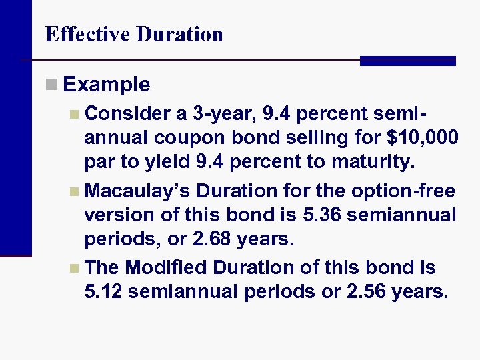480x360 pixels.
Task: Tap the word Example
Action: click(x=107, y=85)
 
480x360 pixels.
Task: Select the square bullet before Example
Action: click(x=51, y=85)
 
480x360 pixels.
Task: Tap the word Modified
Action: click(x=167, y=268)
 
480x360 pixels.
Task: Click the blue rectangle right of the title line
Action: click(x=407, y=61)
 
